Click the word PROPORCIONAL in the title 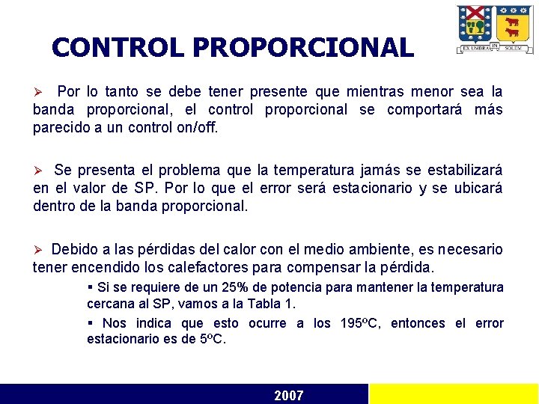[x=302, y=48]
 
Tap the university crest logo [x=495, y=29]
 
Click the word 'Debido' [x=74, y=249]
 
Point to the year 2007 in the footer [x=289, y=395]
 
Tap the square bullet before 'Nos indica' [x=90, y=323]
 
